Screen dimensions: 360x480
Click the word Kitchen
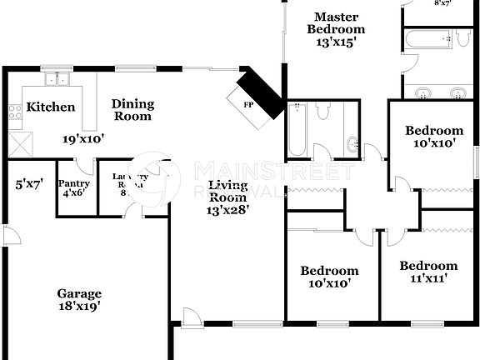tap(51, 107)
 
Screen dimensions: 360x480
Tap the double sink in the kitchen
tap(57, 80)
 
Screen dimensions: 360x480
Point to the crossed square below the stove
tap(20, 142)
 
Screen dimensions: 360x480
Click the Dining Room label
tap(133, 110)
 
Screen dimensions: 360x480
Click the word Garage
tap(79, 293)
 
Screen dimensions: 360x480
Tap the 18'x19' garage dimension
tap(79, 306)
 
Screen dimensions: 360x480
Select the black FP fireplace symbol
tap(260, 93)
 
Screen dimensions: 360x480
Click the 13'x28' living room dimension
tap(228, 210)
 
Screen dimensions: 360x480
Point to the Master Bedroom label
tap(336, 22)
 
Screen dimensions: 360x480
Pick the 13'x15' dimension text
tap(336, 42)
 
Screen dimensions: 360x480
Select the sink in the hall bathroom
tap(352, 142)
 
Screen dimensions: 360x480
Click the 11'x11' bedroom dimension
tap(428, 278)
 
